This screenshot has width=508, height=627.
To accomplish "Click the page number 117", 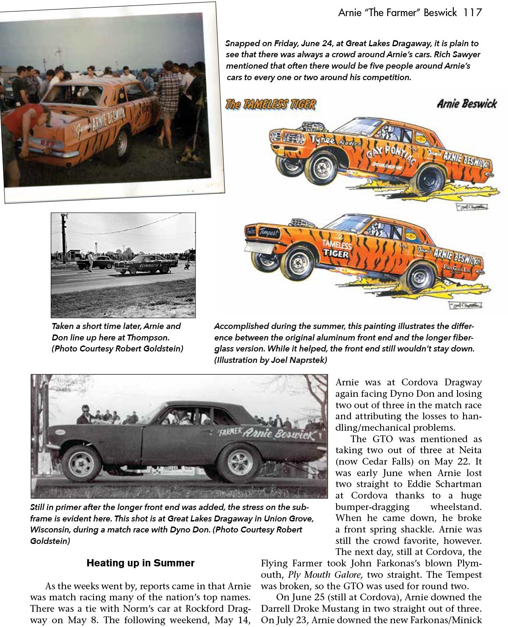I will coord(472,12).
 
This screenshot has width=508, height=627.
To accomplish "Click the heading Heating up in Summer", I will coord(140,563).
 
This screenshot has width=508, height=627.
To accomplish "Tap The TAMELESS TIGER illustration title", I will coord(271,104).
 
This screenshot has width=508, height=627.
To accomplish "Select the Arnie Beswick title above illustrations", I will coord(467,104).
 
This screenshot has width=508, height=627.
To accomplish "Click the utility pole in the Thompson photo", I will coord(64,237).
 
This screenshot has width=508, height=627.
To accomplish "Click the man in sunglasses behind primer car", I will coord(86,414).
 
